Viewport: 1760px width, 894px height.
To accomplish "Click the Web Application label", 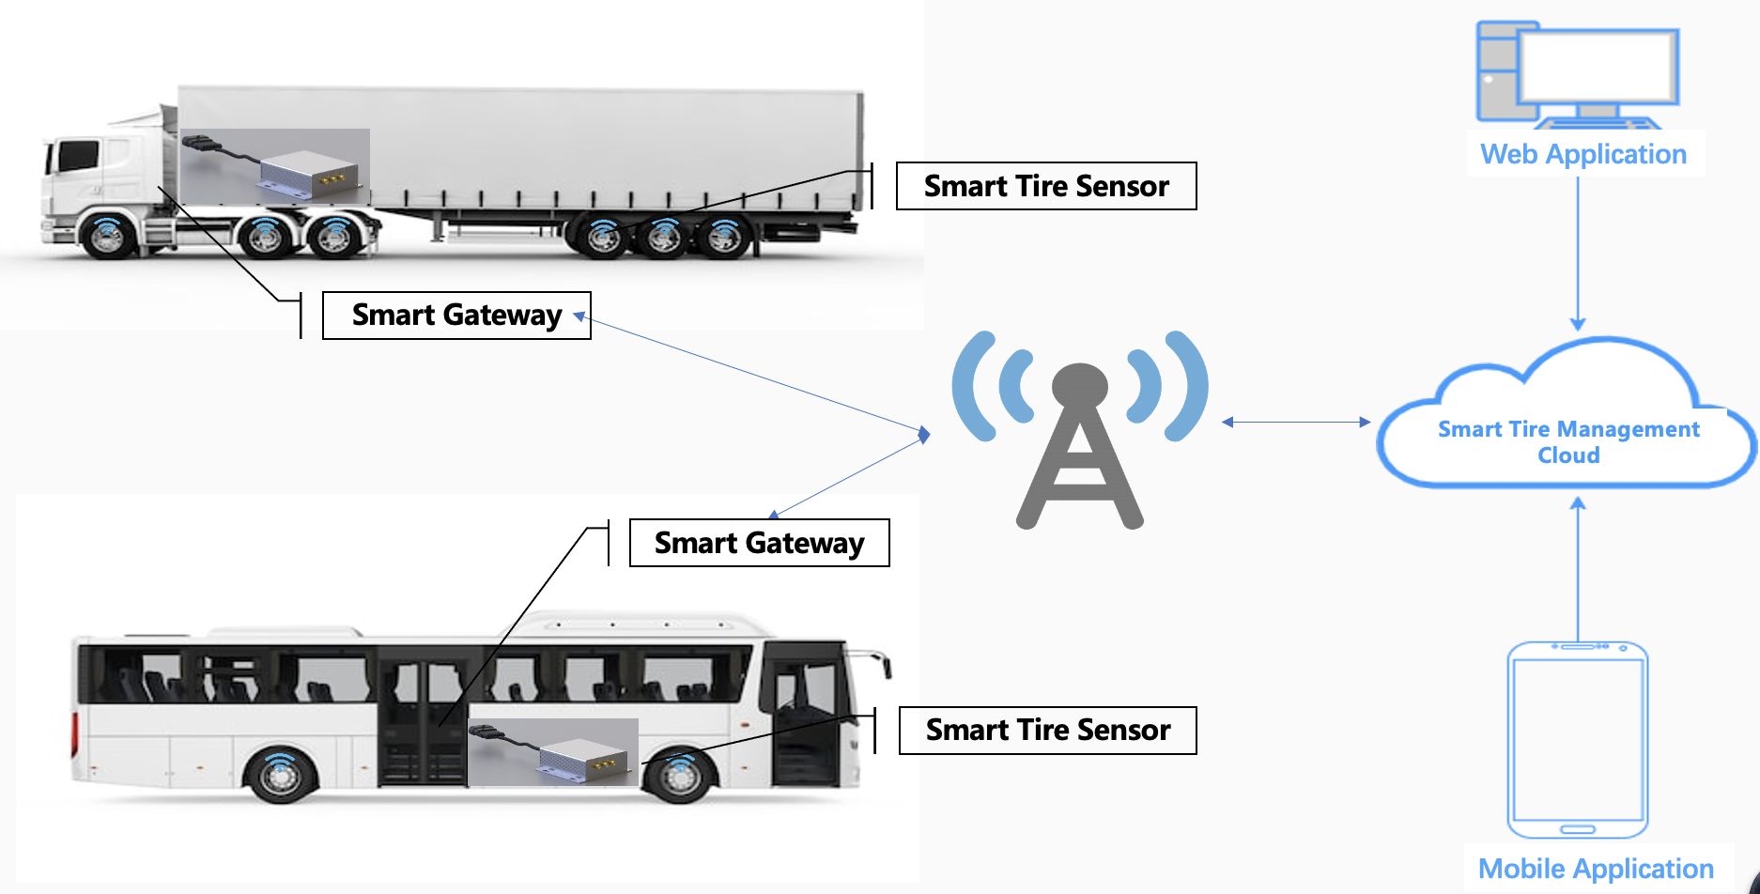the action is (1583, 154).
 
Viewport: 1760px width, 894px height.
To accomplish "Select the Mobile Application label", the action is (1596, 869).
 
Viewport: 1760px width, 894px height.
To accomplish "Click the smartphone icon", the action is (1578, 740).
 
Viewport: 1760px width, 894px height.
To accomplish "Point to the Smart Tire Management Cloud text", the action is (1568, 441).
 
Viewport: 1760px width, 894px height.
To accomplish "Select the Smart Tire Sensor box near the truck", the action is (1046, 186).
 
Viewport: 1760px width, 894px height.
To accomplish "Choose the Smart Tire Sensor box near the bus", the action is (1048, 730).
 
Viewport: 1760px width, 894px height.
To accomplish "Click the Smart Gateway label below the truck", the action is (456, 315).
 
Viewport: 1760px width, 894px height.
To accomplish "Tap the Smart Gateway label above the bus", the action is (759, 543).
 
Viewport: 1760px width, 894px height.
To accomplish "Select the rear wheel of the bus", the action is (280, 775).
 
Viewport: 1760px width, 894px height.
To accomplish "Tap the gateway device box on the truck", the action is (309, 175).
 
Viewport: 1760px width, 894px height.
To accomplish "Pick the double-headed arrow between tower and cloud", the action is (1296, 423).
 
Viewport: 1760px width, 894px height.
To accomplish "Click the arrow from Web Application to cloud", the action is (1578, 254).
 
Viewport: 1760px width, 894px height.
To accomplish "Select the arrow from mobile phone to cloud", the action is (1578, 569).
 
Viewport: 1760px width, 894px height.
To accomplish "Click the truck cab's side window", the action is (79, 156).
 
